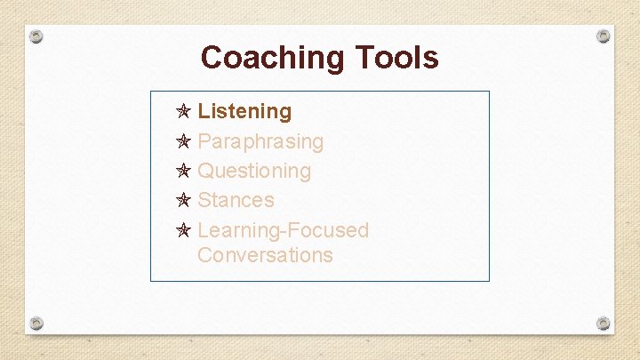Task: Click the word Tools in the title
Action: coord(397,58)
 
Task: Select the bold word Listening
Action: coord(244,112)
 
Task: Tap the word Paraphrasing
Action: coord(260,141)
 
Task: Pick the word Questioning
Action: coord(254,171)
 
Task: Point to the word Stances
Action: coord(236,200)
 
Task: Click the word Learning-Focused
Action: coord(283,230)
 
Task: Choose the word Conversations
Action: coord(265,255)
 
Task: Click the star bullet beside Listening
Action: coord(183,112)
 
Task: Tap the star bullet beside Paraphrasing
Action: coord(183,141)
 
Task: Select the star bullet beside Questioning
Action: coord(183,171)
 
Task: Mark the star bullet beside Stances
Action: coord(183,200)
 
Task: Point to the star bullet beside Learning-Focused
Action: coord(183,230)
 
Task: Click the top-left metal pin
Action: coord(36,37)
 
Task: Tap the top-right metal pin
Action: coord(603,36)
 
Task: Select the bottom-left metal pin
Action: coord(36,322)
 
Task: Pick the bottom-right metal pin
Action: coord(603,322)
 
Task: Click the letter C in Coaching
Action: coord(212,58)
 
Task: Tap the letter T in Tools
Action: coord(364,58)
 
